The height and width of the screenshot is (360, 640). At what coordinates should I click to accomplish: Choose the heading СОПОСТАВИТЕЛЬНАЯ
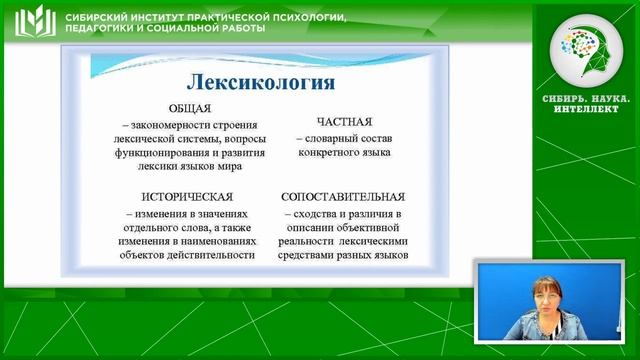click(x=343, y=195)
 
